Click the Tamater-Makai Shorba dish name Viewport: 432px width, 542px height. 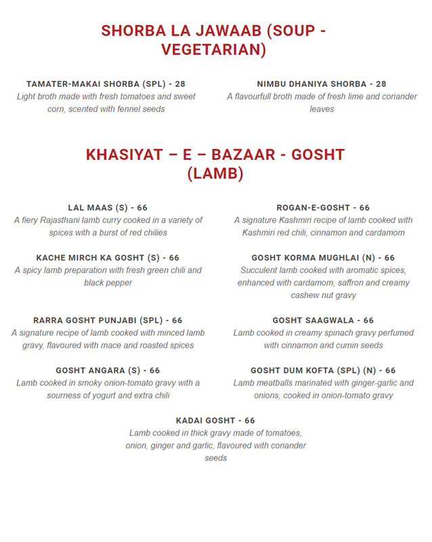pos(106,84)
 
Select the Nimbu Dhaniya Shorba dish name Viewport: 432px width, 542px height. pos(322,84)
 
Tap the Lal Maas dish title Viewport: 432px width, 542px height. pos(108,208)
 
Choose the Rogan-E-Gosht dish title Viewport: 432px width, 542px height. pos(323,208)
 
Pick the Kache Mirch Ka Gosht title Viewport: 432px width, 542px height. pos(108,258)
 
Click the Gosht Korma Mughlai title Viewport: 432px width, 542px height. pos(323,258)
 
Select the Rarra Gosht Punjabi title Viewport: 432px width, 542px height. pos(108,320)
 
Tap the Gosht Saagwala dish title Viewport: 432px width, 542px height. pos(323,320)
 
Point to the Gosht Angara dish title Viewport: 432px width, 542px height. pos(108,371)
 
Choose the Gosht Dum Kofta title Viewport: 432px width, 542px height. pos(323,371)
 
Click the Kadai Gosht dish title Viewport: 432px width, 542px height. pos(215,421)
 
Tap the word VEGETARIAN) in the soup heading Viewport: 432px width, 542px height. pos(214,50)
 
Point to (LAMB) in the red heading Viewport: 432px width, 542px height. pos(215,174)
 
